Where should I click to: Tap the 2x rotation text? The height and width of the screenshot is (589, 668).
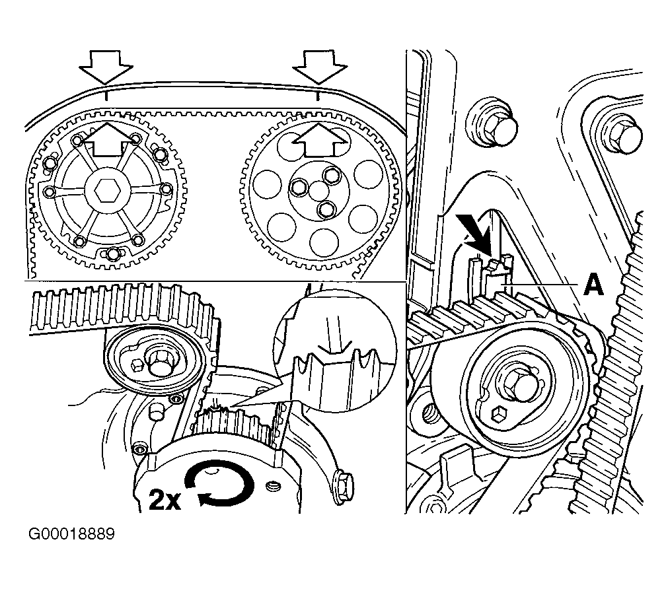[x=164, y=500]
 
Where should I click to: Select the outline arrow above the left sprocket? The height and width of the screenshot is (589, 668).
[x=106, y=66]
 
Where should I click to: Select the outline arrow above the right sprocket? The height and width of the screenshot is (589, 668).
[x=320, y=66]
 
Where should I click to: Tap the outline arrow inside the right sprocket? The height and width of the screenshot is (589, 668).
[x=320, y=140]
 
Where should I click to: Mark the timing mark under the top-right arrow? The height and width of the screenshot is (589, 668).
[x=319, y=96]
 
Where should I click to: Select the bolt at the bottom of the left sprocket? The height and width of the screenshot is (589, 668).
[x=114, y=254]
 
